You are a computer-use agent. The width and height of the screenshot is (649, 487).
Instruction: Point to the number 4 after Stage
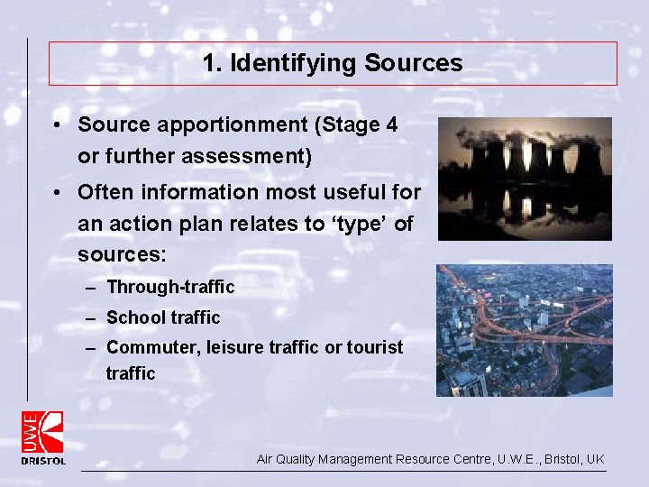(390, 125)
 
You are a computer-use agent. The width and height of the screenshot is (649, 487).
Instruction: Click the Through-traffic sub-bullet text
(170, 288)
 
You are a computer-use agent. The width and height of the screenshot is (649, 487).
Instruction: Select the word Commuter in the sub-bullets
(146, 347)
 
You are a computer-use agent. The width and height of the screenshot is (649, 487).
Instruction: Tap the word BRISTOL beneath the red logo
(43, 461)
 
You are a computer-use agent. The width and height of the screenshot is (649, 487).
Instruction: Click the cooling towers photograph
(525, 179)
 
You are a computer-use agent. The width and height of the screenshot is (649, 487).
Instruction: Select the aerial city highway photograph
(525, 330)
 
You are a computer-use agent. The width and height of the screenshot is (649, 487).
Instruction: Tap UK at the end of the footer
(595, 459)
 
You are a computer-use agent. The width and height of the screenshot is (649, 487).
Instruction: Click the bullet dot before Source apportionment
(56, 125)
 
